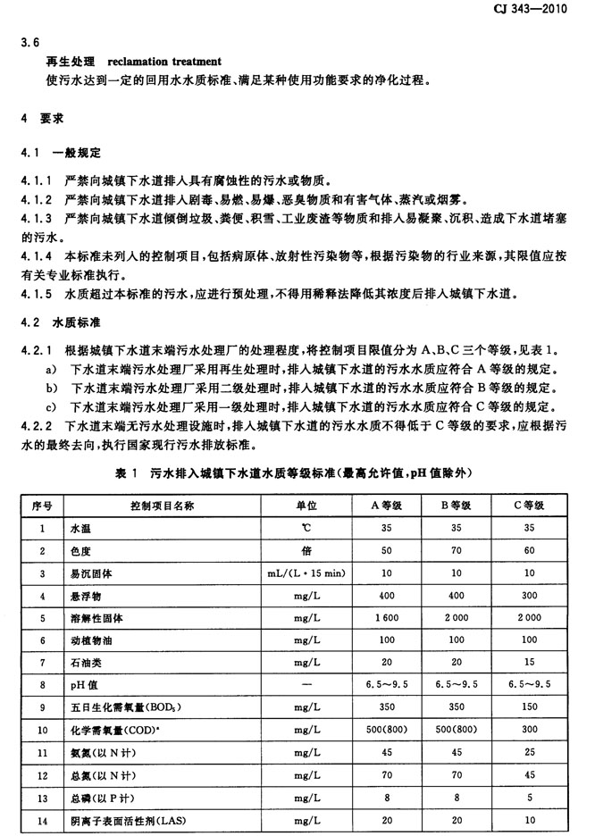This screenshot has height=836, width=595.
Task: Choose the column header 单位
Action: click(306, 506)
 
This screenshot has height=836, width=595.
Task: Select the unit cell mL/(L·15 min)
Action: click(306, 573)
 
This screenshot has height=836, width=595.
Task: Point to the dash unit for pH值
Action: click(306, 685)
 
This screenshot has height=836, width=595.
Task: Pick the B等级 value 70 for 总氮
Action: click(457, 774)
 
